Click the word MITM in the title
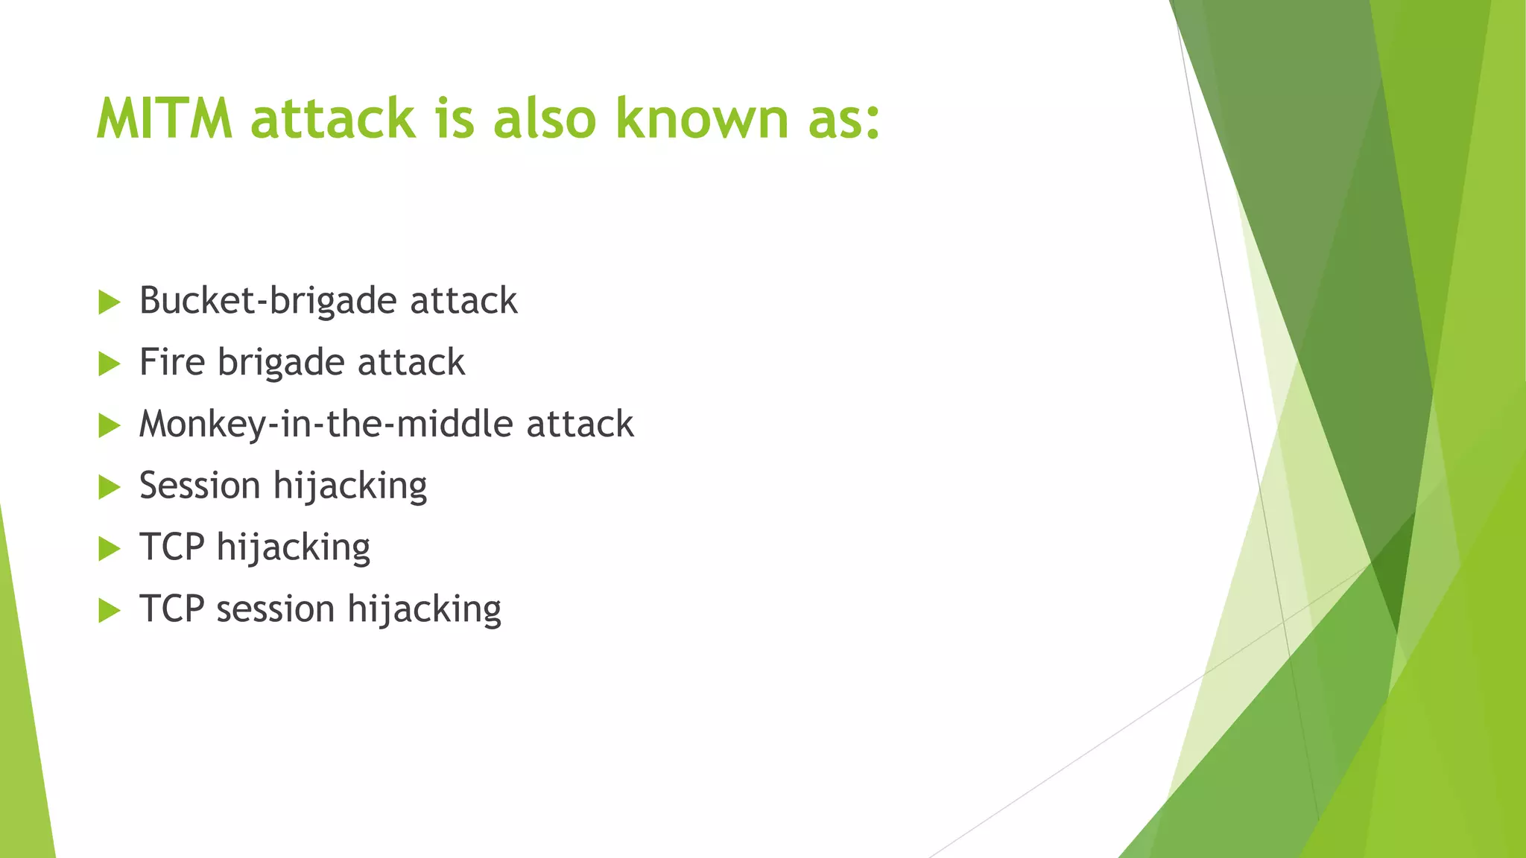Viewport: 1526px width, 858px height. [x=165, y=118]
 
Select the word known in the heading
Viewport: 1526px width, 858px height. [x=701, y=118]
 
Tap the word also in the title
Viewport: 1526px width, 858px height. [x=545, y=118]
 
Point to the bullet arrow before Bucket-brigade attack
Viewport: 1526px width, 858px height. [x=110, y=302]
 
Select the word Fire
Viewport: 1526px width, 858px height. [x=172, y=362]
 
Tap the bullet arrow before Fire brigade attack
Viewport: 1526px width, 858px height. [x=110, y=364]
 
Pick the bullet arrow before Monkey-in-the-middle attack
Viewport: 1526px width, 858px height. [x=110, y=426]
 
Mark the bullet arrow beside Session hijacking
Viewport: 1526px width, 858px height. [x=110, y=488]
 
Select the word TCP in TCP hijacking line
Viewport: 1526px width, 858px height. [x=171, y=547]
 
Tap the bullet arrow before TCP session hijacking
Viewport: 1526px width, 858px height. [x=110, y=611]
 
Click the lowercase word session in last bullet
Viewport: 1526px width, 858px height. [x=275, y=609]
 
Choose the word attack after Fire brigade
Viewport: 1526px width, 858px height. [x=411, y=362]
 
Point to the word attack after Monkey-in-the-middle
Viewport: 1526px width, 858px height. [x=580, y=425]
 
